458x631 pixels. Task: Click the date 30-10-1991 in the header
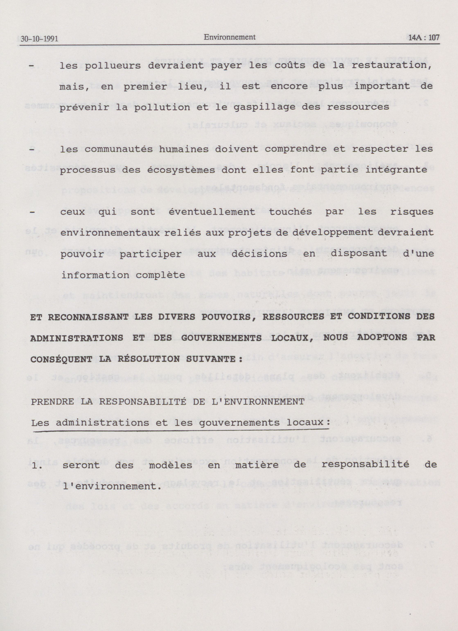pos(39,39)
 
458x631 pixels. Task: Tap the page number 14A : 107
pos(422,38)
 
